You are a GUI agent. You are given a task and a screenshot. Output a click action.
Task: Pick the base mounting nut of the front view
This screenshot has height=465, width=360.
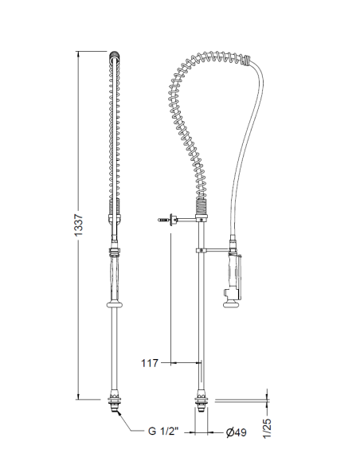[116, 400]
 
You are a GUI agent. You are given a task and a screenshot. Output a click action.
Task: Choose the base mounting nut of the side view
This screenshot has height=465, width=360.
[200, 401]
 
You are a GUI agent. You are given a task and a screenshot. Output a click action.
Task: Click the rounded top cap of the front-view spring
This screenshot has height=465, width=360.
[116, 56]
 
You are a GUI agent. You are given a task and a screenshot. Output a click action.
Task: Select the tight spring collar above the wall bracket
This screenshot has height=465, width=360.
[202, 209]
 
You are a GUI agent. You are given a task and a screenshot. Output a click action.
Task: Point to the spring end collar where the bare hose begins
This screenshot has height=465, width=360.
[252, 58]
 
